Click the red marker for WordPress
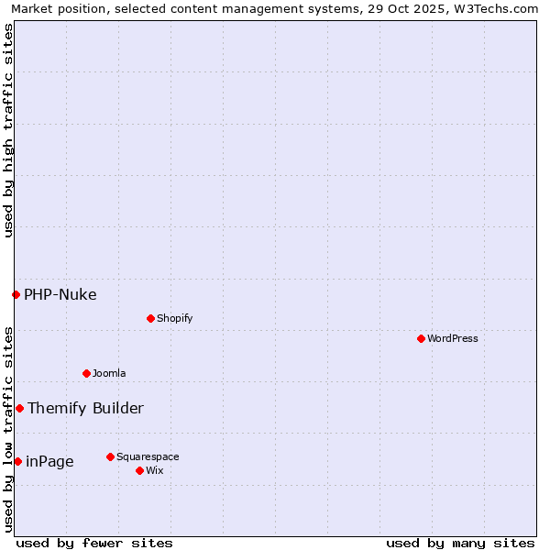click(421, 338)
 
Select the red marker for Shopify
click(150, 318)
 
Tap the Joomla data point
click(86, 373)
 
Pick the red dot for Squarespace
click(110, 456)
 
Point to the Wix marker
click(139, 470)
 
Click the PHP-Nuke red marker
click(16, 294)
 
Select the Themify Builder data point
click(19, 408)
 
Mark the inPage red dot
click(17, 461)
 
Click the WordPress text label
click(453, 338)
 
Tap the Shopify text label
click(174, 318)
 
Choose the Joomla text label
click(109, 373)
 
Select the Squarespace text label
click(148, 456)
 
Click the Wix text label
click(154, 470)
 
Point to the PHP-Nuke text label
click(60, 294)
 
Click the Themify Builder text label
click(85, 408)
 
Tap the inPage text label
click(49, 461)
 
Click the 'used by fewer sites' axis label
click(94, 543)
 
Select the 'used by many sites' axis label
click(460, 543)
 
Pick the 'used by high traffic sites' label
click(8, 130)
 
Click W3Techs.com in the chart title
click(492, 8)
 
